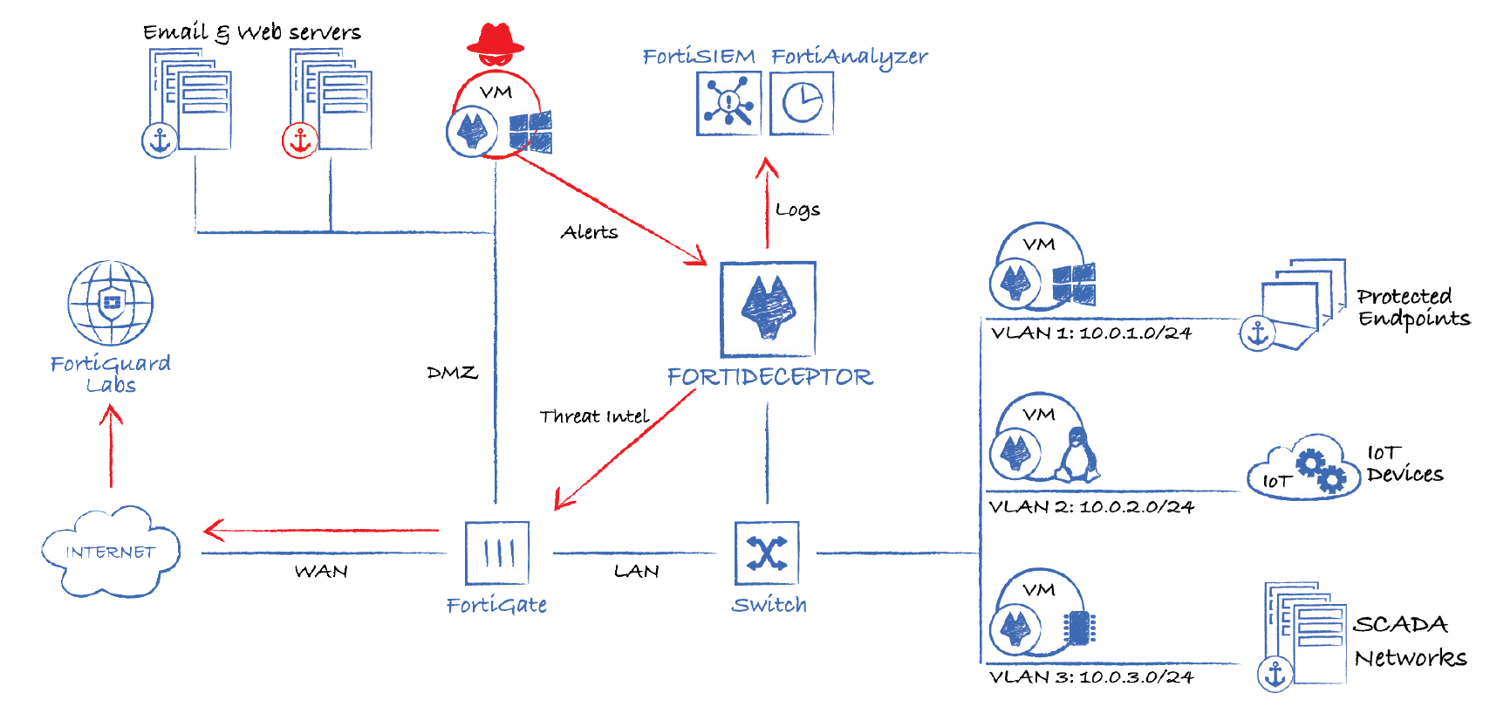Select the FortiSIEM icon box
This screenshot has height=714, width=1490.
click(728, 103)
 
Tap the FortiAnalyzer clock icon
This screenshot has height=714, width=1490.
click(802, 103)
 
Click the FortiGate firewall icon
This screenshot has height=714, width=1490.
click(497, 553)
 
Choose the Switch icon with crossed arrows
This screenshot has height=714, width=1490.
click(767, 553)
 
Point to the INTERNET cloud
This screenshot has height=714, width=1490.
click(111, 552)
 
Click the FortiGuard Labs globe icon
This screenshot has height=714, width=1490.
click(111, 303)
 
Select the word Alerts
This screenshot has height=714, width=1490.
click(589, 232)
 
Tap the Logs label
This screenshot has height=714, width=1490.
click(797, 209)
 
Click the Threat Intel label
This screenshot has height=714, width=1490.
click(594, 416)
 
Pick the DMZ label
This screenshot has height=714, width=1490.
click(452, 373)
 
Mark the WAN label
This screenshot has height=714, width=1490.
click(321, 572)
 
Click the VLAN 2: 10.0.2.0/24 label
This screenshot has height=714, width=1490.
click(1091, 507)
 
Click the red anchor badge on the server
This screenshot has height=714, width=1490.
click(300, 140)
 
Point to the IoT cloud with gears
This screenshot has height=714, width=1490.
click(1304, 469)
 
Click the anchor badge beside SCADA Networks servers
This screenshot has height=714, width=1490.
click(1275, 674)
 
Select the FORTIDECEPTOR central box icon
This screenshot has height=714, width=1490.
click(768, 309)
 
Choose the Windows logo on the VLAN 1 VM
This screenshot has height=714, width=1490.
click(1074, 285)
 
